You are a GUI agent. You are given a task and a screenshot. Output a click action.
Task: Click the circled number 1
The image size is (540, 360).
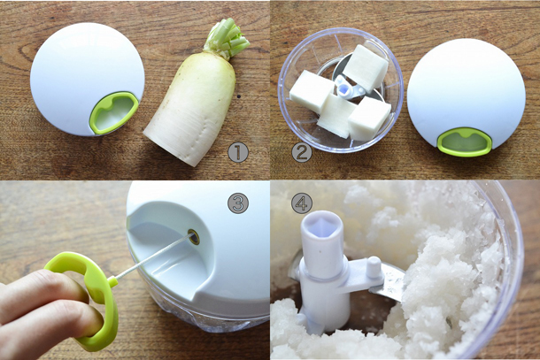click(x=238, y=152)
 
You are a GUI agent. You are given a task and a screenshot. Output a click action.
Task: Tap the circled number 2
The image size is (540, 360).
click(x=302, y=152)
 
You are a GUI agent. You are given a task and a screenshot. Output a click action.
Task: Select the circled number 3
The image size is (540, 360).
click(x=238, y=203)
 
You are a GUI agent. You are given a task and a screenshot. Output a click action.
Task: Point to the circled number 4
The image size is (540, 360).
click(x=302, y=203)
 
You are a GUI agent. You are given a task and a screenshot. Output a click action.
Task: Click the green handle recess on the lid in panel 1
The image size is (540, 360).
click(x=114, y=112)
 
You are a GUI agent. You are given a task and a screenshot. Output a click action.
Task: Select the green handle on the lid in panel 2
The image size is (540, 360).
click(x=465, y=142)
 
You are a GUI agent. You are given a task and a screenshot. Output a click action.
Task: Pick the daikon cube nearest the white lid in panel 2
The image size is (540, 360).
click(x=369, y=119)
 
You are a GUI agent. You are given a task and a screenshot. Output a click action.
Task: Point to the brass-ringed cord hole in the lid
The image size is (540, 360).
click(x=194, y=237)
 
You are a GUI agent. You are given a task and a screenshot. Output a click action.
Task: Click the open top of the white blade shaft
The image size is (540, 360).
click(x=323, y=225)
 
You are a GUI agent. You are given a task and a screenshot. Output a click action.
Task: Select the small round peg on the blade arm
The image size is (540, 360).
click(x=374, y=266)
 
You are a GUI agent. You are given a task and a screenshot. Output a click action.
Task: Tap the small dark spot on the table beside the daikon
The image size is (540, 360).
click(x=239, y=96)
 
